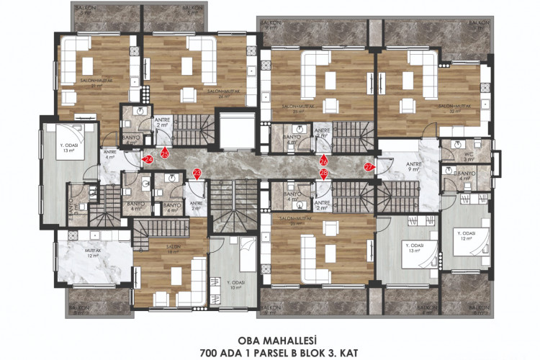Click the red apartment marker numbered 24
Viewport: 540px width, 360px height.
pos(148,158)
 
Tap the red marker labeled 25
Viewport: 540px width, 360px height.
pos(165,153)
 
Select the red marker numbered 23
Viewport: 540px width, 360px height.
pos(197,173)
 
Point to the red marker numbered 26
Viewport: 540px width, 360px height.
pos(323,161)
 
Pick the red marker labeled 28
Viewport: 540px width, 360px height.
pos(323,174)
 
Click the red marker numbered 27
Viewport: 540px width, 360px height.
pos(369,167)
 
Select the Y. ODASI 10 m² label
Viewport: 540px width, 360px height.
pos(235,284)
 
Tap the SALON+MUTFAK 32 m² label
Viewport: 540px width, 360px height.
pos(454,109)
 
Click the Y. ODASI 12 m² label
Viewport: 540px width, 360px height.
pos(469,236)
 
